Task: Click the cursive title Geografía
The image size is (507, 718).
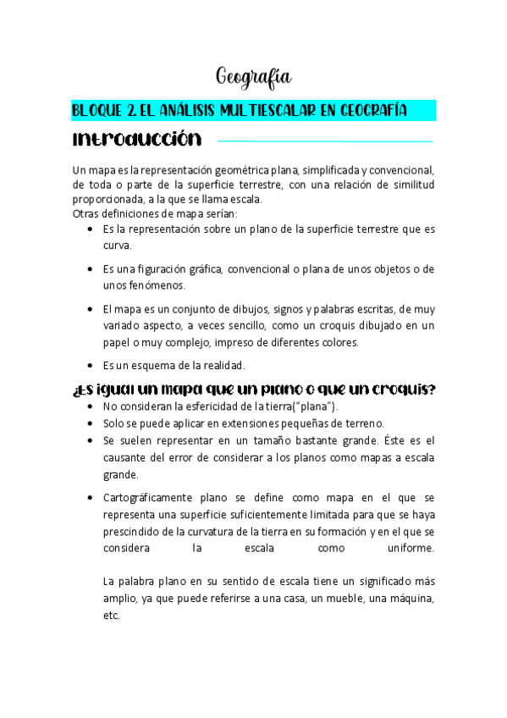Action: point(254,78)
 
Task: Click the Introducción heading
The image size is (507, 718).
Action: point(137,138)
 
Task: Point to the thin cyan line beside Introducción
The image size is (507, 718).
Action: point(326,141)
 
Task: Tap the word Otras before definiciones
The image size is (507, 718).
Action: point(86,213)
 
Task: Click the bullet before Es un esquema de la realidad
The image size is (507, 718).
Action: point(90,366)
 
